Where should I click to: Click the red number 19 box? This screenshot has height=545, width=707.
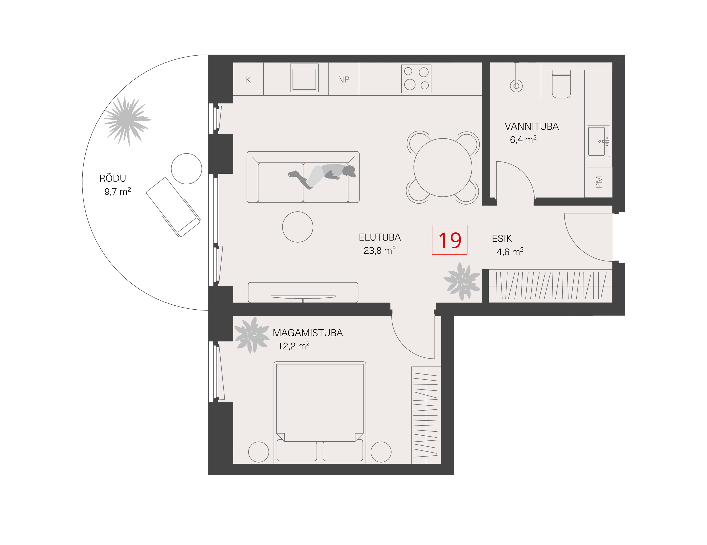(x=449, y=240)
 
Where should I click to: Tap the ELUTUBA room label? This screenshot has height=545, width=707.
(x=379, y=237)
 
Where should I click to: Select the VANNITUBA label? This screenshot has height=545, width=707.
(x=531, y=126)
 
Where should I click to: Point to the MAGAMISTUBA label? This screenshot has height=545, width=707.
(x=308, y=333)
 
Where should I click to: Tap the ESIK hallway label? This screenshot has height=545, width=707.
(x=502, y=238)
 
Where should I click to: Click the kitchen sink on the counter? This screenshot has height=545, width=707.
(x=304, y=78)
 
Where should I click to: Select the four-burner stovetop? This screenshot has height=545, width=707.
(x=416, y=79)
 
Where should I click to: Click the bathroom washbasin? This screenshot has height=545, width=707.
(x=598, y=141)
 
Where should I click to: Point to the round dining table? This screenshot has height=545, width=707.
(x=442, y=167)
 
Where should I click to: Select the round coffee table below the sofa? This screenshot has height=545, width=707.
(x=297, y=227)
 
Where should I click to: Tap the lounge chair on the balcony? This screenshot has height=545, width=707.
(x=173, y=207)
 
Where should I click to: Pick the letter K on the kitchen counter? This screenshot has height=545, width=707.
(x=248, y=79)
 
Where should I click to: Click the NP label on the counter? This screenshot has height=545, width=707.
(x=343, y=79)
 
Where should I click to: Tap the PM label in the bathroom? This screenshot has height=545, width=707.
(x=599, y=182)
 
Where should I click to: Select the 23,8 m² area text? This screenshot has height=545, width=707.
(x=379, y=250)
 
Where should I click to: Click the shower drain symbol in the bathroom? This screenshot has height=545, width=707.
(x=516, y=86)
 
